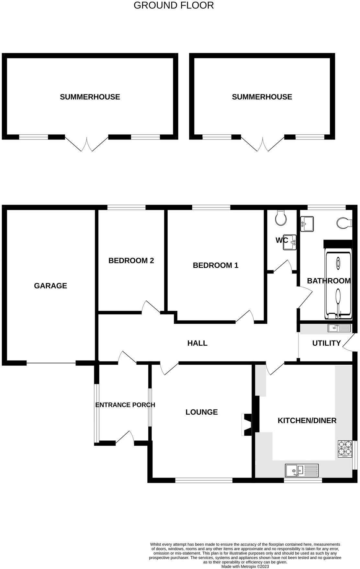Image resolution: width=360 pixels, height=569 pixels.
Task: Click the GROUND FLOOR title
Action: click(x=174, y=6)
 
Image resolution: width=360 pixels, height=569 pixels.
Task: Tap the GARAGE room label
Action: click(x=51, y=285)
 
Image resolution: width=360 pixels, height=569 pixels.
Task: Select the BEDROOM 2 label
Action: click(x=131, y=261)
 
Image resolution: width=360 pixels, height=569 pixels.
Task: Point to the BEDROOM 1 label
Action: click(x=216, y=265)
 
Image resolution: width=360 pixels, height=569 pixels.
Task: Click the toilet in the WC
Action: click(x=281, y=218)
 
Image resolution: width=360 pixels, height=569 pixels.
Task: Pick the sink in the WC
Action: click(x=290, y=242)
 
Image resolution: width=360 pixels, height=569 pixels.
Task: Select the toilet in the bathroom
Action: click(x=344, y=223)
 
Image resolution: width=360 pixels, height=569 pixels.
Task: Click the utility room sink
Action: click(x=339, y=328)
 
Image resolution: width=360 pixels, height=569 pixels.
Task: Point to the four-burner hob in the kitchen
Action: click(x=345, y=449)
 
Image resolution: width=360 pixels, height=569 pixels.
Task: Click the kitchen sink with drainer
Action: click(x=302, y=470)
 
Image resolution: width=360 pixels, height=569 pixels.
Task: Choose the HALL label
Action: click(x=197, y=343)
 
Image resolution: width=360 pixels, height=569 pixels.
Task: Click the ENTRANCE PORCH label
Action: click(x=125, y=405)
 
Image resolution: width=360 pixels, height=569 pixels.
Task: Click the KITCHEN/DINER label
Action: click(x=307, y=420)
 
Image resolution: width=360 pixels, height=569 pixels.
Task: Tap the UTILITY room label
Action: click(x=326, y=343)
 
